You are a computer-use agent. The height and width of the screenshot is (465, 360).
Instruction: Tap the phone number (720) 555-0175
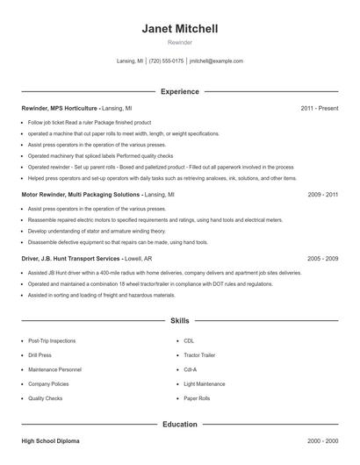click(166, 61)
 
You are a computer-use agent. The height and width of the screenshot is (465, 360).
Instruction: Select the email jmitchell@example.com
click(216, 61)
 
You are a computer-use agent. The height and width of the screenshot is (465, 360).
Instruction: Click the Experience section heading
click(180, 91)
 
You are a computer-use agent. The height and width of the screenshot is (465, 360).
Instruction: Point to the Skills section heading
click(180, 321)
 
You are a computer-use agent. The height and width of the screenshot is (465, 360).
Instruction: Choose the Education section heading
click(180, 424)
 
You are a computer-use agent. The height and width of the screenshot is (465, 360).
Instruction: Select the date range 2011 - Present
click(319, 108)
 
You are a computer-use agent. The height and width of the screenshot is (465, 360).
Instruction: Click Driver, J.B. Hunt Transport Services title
click(70, 259)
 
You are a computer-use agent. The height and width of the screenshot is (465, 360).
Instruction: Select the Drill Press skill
click(40, 354)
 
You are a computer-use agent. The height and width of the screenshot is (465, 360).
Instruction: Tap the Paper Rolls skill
click(198, 398)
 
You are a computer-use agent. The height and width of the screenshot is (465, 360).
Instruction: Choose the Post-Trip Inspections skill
click(51, 340)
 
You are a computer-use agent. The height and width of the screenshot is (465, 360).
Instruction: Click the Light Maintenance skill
click(205, 383)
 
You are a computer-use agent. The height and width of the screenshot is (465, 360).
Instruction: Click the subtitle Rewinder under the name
click(180, 41)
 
